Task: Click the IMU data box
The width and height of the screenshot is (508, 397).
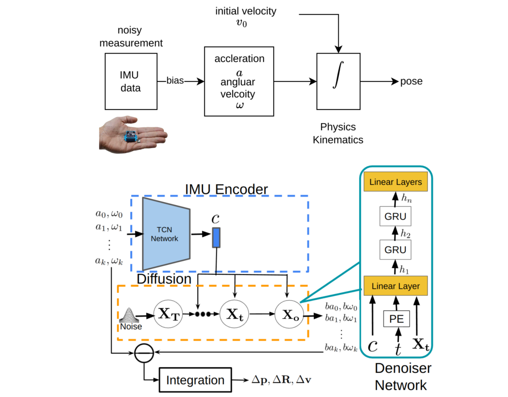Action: click(131, 81)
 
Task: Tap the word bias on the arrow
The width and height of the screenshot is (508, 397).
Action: click(175, 81)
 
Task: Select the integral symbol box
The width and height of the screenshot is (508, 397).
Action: click(338, 81)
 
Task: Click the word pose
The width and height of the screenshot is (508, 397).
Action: click(411, 81)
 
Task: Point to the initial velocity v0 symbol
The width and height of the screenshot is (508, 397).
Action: click(241, 23)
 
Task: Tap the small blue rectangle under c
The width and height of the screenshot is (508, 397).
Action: click(216, 238)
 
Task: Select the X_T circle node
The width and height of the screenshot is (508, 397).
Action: click(168, 314)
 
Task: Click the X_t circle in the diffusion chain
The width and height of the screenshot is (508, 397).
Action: click(234, 314)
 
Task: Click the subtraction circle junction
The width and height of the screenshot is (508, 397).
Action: click(144, 353)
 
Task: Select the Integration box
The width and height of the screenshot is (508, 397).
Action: click(195, 380)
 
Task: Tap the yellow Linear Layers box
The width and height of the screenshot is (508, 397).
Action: click(395, 182)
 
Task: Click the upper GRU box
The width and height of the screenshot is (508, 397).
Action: click(395, 216)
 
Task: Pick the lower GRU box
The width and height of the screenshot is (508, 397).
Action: click(395, 250)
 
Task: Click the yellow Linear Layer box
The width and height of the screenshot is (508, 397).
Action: click(395, 286)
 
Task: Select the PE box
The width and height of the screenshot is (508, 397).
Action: click(397, 319)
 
